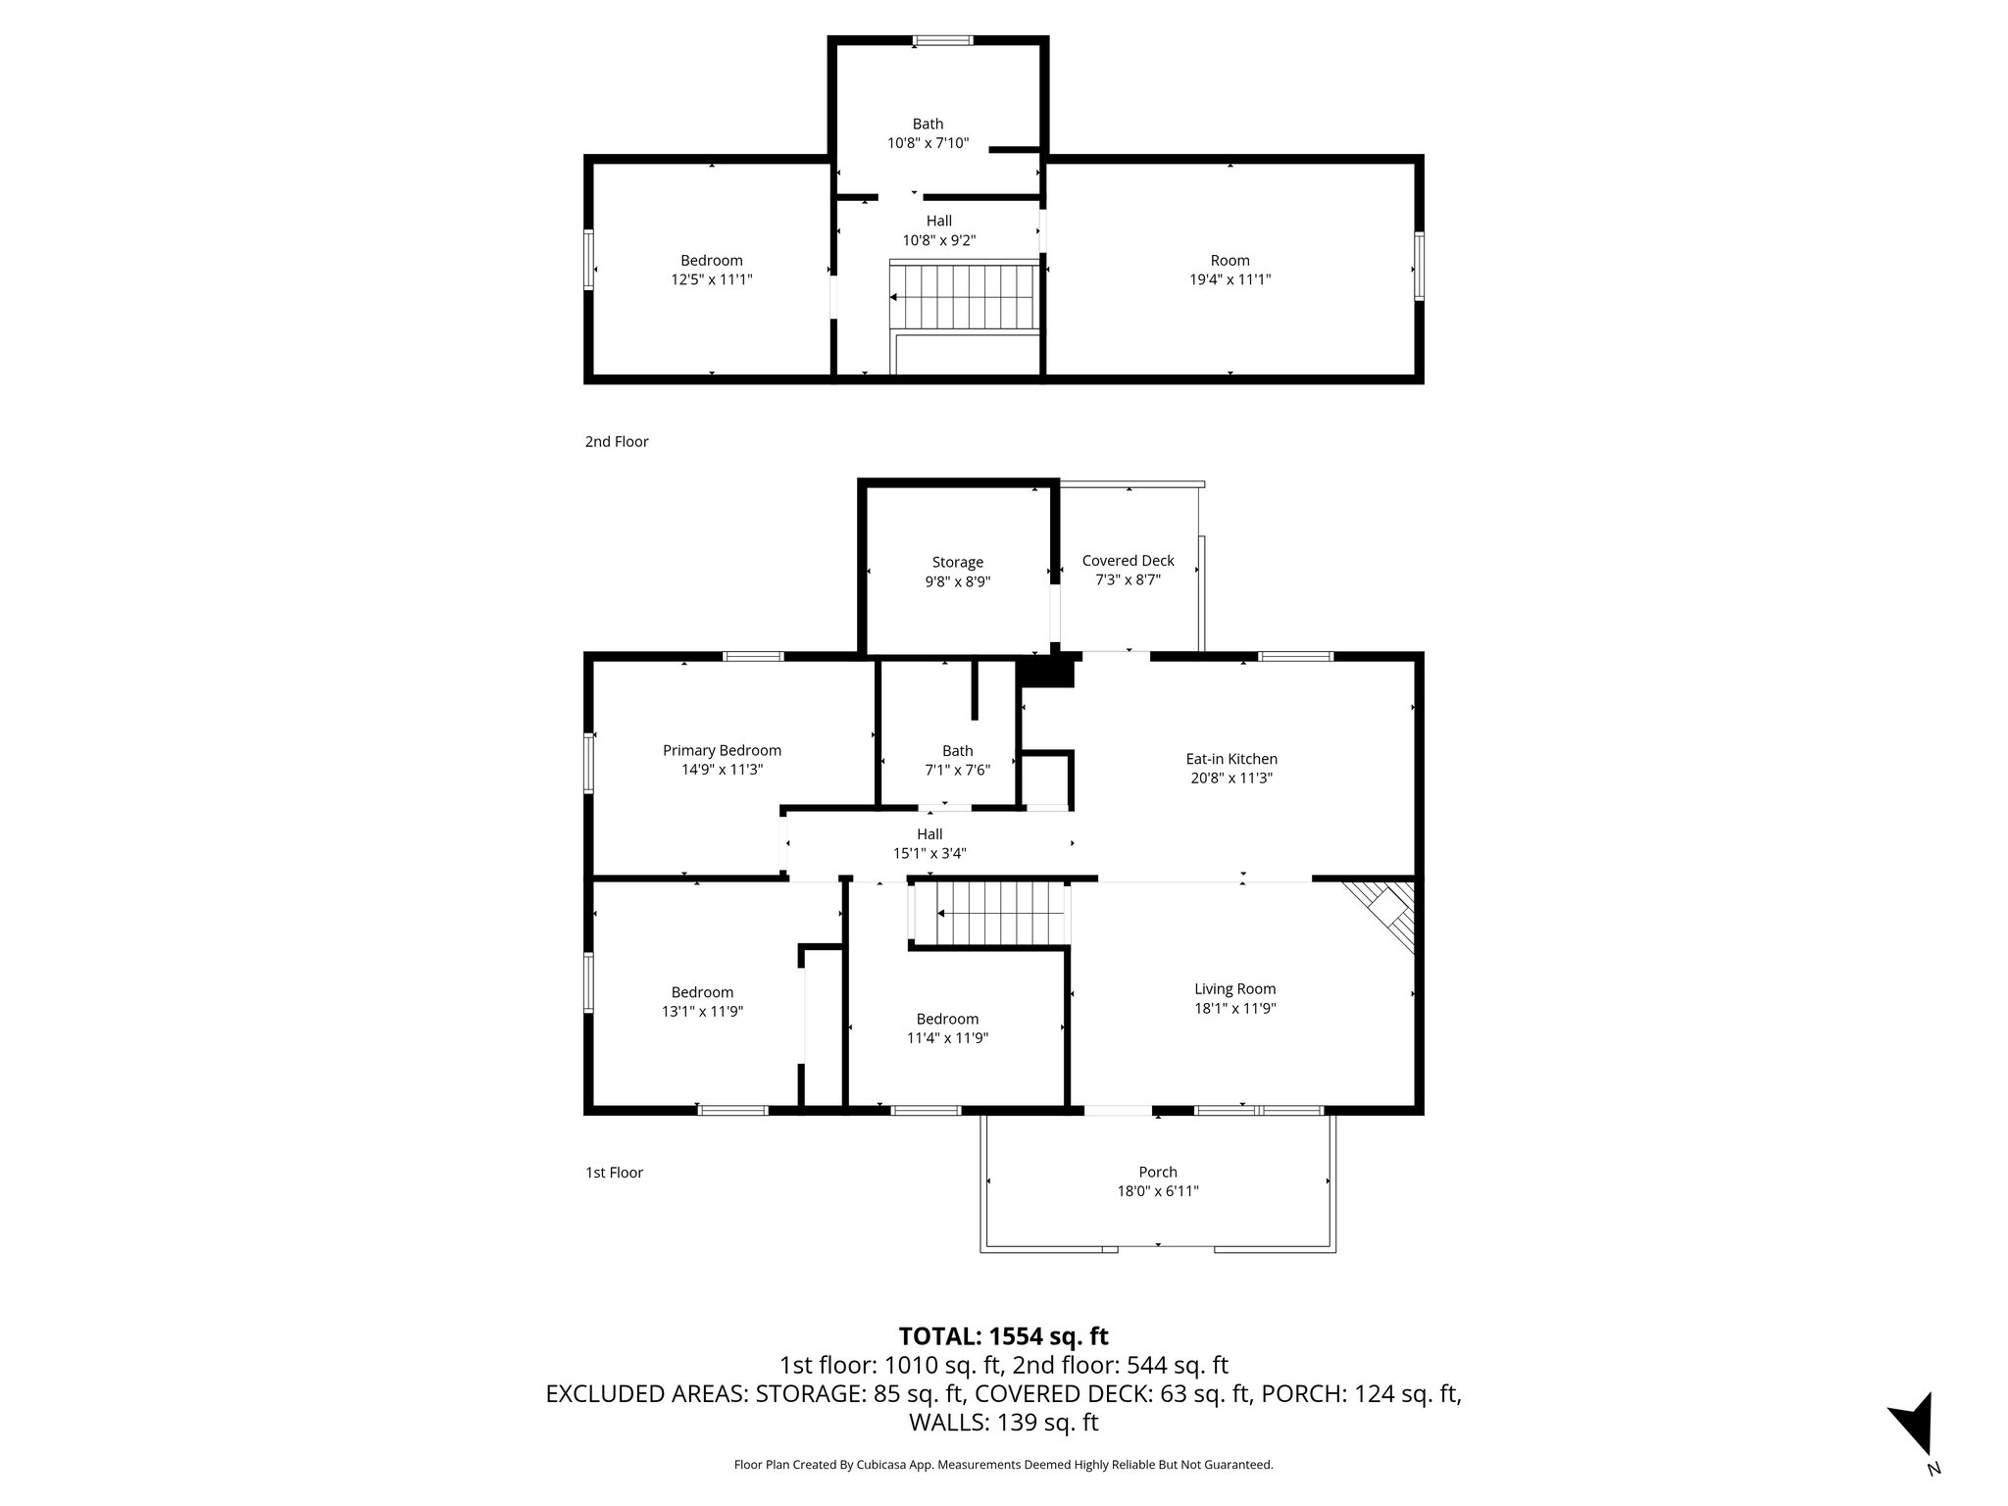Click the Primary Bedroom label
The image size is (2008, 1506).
pyautogui.click(x=722, y=751)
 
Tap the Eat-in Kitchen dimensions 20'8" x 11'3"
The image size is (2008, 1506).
pyautogui.click(x=1231, y=778)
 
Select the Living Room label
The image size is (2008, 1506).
pyautogui.click(x=1234, y=989)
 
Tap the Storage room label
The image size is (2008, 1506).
pyautogui.click(x=957, y=563)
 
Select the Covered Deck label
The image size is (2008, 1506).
pyautogui.click(x=1128, y=561)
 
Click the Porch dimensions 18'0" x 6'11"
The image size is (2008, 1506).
pyautogui.click(x=1157, y=1191)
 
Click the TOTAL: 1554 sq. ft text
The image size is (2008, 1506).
pyautogui.click(x=1003, y=1336)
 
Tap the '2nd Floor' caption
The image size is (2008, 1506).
pyautogui.click(x=617, y=442)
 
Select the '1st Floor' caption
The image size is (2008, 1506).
pyautogui.click(x=614, y=1173)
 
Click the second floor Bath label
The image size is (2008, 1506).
pyautogui.click(x=928, y=125)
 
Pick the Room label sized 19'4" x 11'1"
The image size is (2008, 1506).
pyautogui.click(x=1230, y=261)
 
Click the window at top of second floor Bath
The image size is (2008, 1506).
pyautogui.click(x=942, y=40)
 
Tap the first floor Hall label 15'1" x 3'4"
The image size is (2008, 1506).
pyautogui.click(x=929, y=834)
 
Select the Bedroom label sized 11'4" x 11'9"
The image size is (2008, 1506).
pyautogui.click(x=947, y=1019)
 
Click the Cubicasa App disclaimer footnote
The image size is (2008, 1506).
pyautogui.click(x=1003, y=1465)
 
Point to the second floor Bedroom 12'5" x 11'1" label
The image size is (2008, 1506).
pyautogui.click(x=711, y=261)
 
